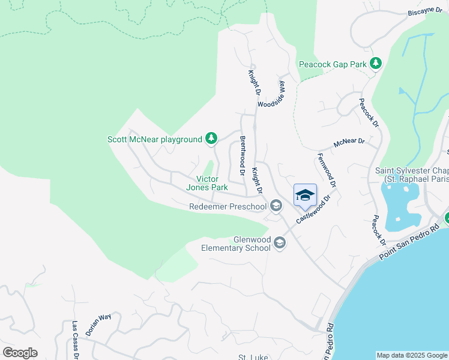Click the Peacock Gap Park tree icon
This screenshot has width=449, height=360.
[x=376, y=63]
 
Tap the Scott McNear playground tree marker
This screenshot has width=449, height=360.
[x=211, y=139]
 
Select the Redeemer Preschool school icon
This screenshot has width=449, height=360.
[x=276, y=206]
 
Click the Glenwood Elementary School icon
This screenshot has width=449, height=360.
[x=279, y=242]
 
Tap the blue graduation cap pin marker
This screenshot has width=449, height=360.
[x=305, y=195]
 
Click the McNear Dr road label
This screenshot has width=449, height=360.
[x=349, y=142]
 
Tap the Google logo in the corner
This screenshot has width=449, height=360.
[x=20, y=352]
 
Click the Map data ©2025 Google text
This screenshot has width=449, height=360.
[x=412, y=355]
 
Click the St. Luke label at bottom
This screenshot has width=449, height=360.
[x=252, y=357]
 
